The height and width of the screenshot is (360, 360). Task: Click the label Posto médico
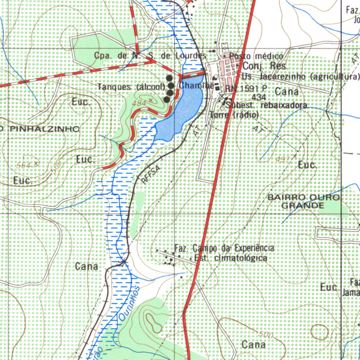256,56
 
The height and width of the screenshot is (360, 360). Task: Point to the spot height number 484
140,103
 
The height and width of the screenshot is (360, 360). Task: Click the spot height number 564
24,165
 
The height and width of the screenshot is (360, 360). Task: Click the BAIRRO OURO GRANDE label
304,201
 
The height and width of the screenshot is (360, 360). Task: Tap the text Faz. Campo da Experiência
224,249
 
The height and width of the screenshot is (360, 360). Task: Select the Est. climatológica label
231,258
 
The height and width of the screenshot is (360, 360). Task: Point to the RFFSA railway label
152,175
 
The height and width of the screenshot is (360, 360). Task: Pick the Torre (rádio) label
234,115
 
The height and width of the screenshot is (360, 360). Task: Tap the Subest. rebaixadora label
267,105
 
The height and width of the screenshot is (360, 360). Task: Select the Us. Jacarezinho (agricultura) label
301,76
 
